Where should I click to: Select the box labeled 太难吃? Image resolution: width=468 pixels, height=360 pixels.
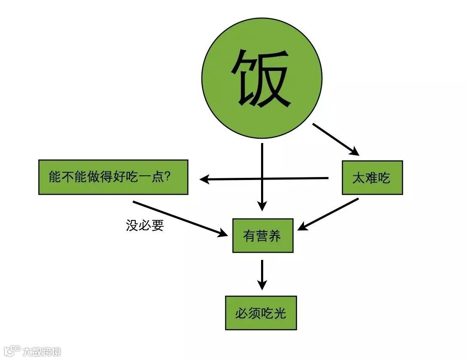click(x=372, y=177)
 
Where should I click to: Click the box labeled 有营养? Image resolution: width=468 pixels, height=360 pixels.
click(x=262, y=235)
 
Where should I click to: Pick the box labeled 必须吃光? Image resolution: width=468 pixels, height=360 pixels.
click(x=261, y=313)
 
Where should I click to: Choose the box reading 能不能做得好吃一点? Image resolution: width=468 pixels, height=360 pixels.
click(x=113, y=177)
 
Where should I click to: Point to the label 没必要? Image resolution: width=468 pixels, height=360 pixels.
click(x=145, y=225)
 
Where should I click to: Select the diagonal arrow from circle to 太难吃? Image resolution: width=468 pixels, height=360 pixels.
click(x=335, y=139)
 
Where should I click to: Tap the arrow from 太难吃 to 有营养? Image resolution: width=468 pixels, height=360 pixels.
click(x=328, y=214)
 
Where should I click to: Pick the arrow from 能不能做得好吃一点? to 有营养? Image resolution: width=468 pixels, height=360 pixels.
click(x=180, y=218)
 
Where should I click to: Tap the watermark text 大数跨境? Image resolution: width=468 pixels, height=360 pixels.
click(x=42, y=351)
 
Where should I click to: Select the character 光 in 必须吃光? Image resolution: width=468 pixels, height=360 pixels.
click(x=280, y=313)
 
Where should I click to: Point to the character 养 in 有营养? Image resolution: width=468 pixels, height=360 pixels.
click(x=275, y=236)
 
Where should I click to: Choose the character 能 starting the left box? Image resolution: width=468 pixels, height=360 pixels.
click(x=55, y=177)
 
